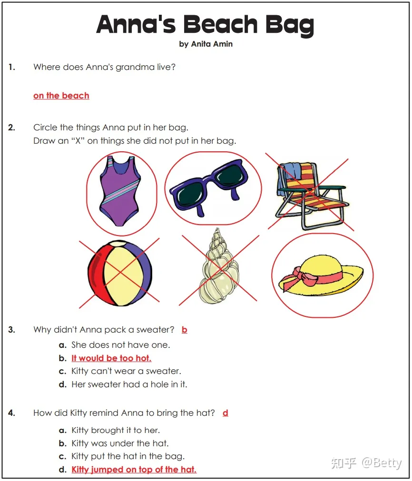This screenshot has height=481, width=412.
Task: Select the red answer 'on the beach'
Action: tap(61, 96)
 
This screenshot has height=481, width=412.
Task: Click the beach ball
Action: tap(119, 274)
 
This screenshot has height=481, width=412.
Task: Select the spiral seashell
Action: tap(219, 269)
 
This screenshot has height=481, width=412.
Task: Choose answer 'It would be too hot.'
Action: tap(111, 358)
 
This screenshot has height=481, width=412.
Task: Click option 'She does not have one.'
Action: tap(120, 345)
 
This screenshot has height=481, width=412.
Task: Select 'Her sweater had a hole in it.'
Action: tap(129, 384)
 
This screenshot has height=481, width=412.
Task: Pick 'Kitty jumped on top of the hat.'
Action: tap(134, 470)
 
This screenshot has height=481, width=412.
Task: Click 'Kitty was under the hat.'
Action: tap(120, 443)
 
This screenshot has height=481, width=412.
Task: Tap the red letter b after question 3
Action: tap(185, 330)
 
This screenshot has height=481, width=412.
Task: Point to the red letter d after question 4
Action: tap(226, 413)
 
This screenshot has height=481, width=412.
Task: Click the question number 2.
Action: tap(12, 128)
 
